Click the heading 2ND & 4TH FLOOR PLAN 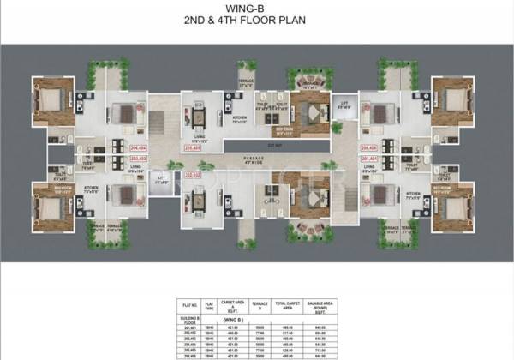(257, 26)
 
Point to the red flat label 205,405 (193, 147)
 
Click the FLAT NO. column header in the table (191, 304)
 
